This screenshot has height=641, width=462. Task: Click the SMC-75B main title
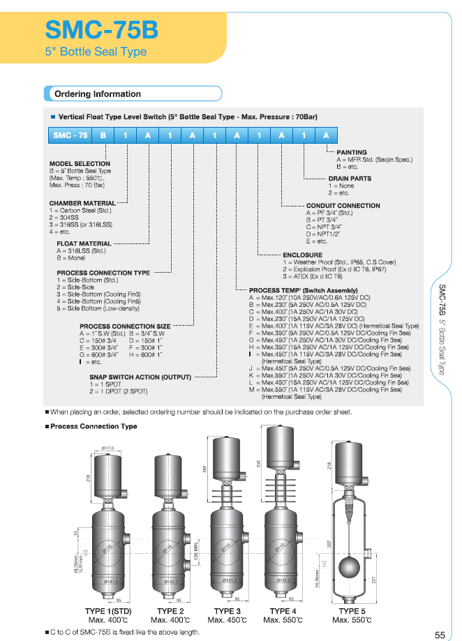pos(101,29)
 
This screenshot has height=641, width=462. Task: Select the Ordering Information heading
pos(97,94)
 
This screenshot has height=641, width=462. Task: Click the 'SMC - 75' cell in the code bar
pos(70,135)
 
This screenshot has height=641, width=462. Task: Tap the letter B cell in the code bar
pos(103,135)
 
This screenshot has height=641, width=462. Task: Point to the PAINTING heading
pos(352,152)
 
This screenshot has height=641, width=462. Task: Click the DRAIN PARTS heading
pos(350,179)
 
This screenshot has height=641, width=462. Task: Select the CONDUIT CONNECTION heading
pos(343,206)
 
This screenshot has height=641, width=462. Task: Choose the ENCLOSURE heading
pos(302,255)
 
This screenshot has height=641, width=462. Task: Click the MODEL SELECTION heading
pos(80,164)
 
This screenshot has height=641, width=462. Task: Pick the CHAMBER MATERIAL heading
pos(82,204)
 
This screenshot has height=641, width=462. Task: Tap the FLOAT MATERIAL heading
pos(84,244)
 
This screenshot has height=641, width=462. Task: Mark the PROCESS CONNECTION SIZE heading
pos(125,326)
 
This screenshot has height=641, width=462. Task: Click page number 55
pos(440,635)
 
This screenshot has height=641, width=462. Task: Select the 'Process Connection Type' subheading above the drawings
pos(94,426)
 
